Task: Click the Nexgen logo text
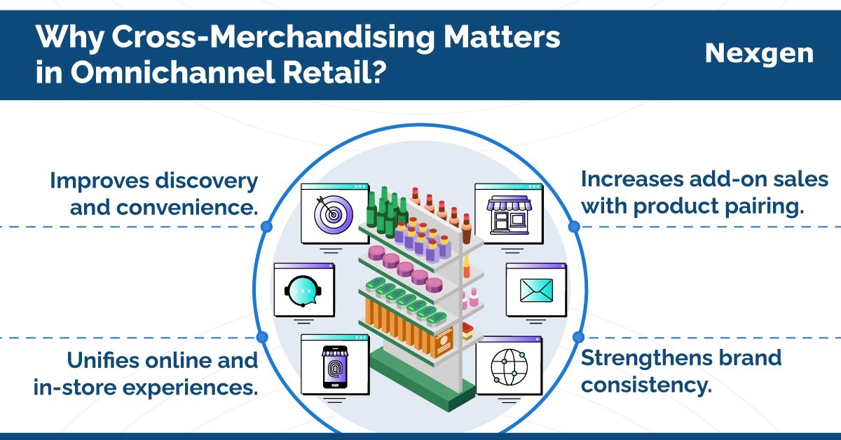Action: (759, 54)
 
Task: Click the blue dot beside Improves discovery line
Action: (266, 226)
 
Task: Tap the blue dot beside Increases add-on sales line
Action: (574, 226)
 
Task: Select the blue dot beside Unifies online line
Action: (262, 337)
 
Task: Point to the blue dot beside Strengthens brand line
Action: (578, 337)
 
